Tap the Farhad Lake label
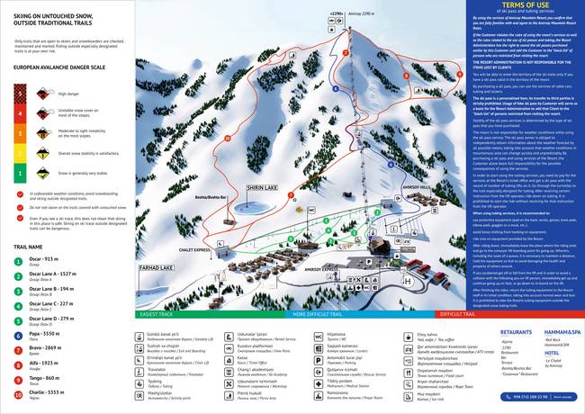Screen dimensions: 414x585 (156, 268)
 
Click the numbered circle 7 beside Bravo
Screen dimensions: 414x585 (17, 349)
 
